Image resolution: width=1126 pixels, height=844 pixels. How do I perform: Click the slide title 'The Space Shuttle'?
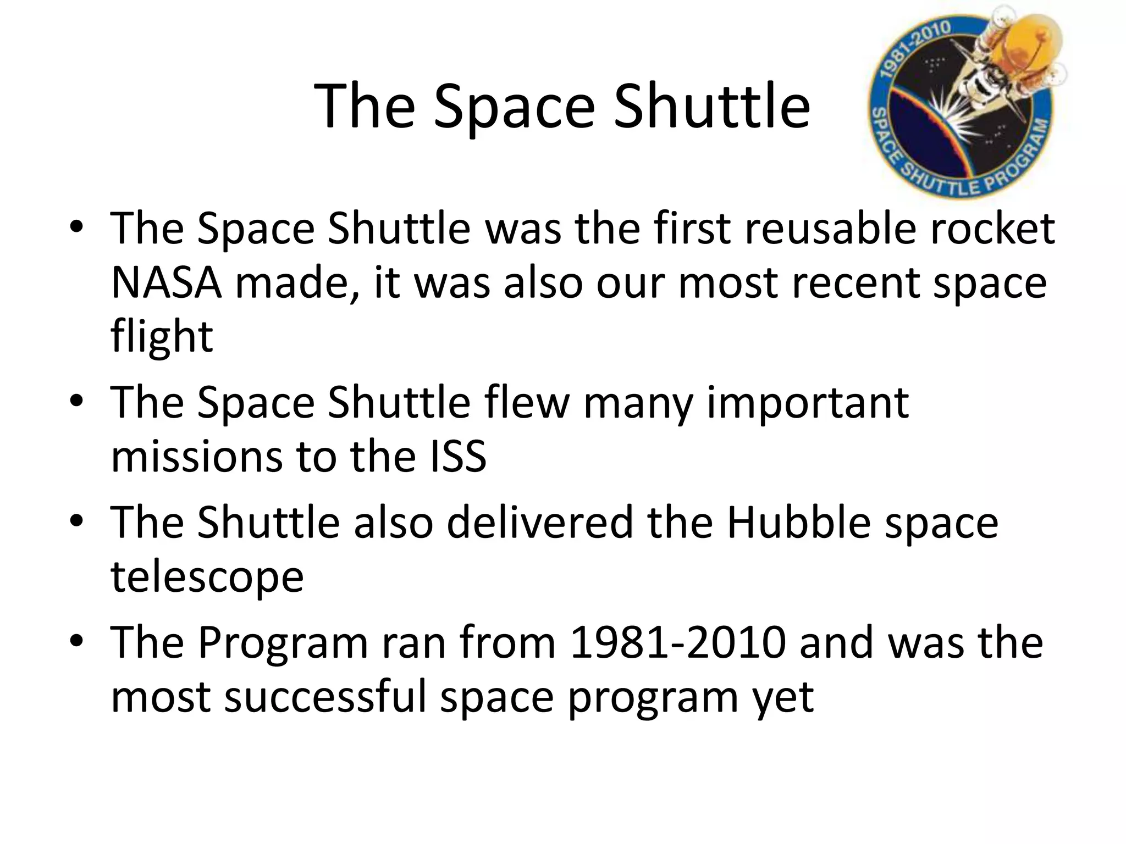coord(562,106)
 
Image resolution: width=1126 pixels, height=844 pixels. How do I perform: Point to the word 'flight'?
coord(162,336)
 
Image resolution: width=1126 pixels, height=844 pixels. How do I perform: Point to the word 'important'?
coord(807,403)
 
